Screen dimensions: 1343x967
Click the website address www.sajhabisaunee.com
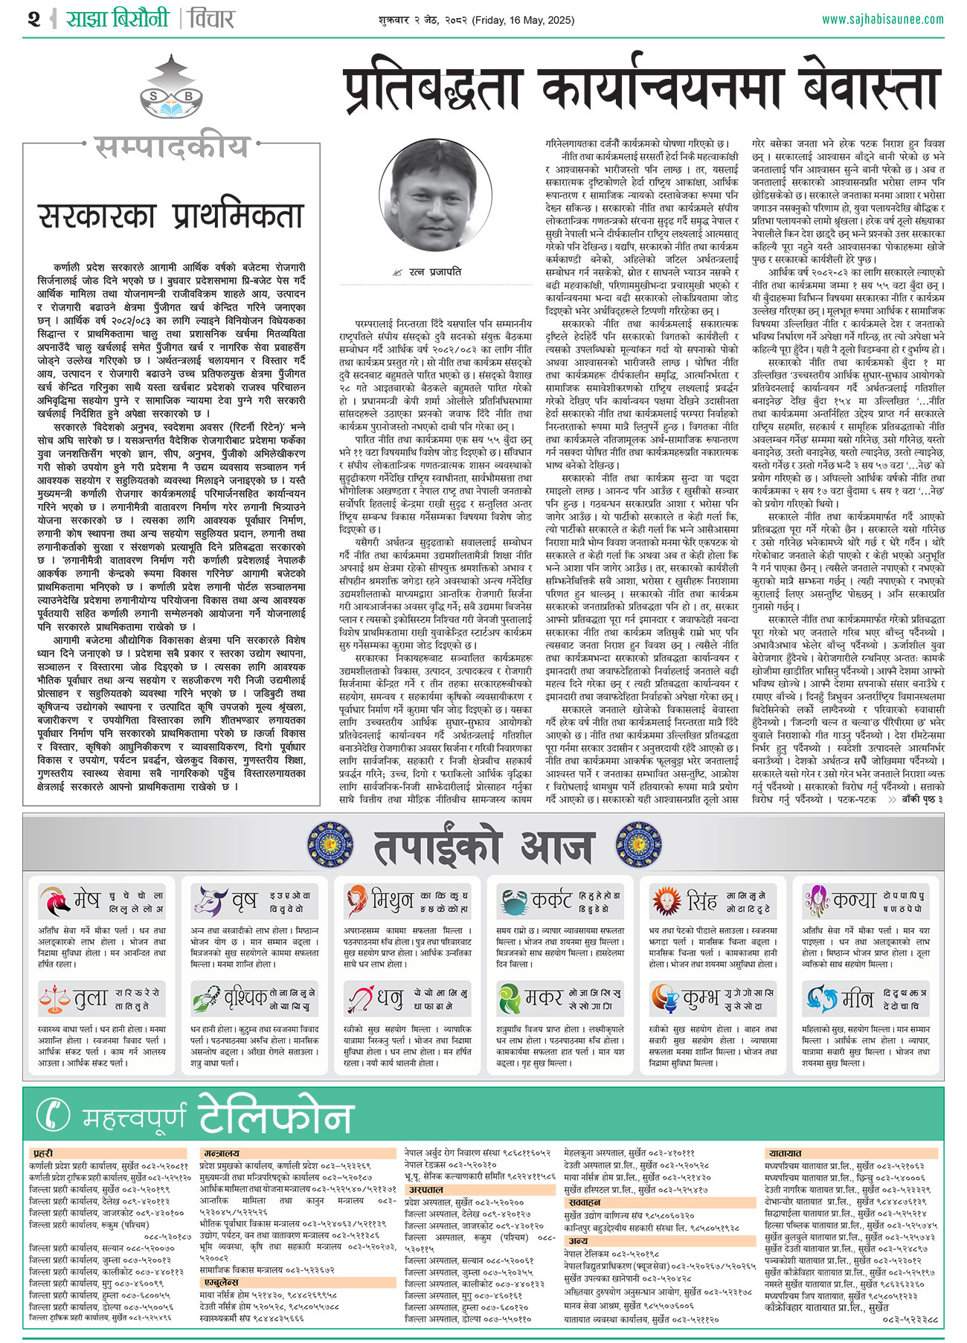pos(883,20)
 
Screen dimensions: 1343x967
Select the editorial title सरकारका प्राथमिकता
pos(171,216)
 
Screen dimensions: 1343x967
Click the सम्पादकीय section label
pos(171,147)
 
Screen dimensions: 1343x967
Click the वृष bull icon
pos(209,901)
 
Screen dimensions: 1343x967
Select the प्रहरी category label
pos(43,1153)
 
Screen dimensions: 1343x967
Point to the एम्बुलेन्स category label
pos(221,1282)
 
